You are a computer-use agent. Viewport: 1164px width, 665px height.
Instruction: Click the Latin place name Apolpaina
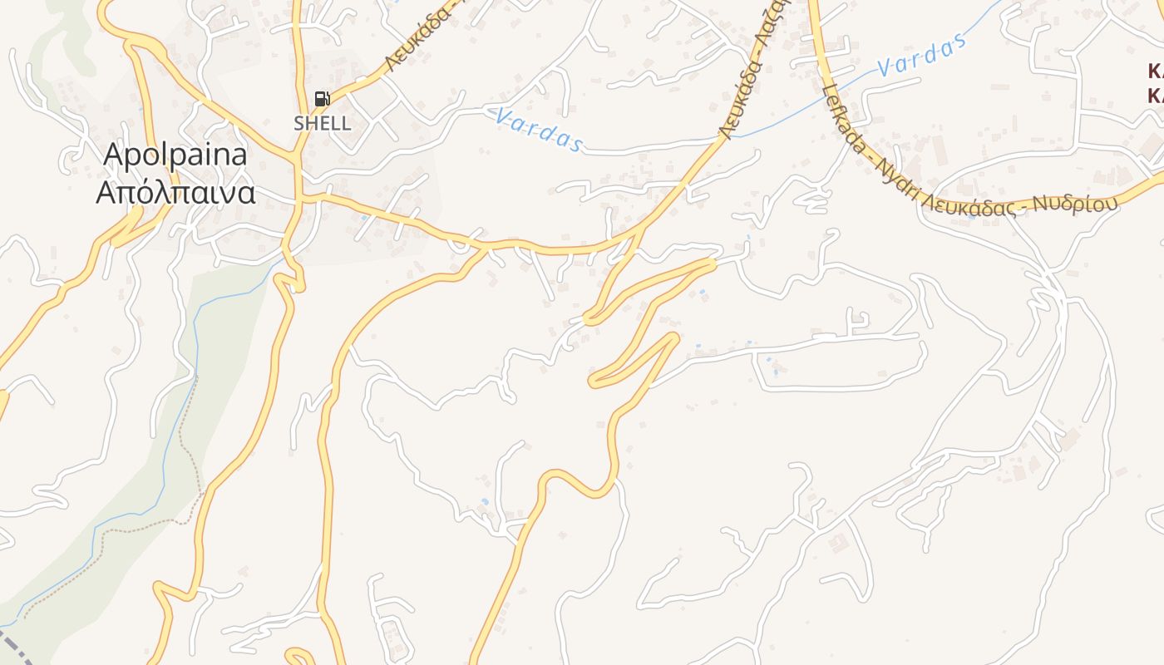(175, 155)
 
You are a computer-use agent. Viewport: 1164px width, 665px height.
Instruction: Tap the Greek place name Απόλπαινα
(175, 193)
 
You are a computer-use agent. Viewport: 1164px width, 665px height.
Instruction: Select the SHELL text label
(322, 124)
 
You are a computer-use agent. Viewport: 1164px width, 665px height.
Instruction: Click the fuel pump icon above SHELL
(322, 100)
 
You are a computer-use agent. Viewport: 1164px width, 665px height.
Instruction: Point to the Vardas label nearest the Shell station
(538, 130)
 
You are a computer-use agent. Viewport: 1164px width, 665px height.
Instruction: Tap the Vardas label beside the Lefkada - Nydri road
(923, 55)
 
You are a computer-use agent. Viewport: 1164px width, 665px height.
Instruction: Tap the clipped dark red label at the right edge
(1155, 81)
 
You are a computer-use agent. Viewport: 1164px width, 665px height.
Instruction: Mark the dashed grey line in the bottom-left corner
(17, 648)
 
